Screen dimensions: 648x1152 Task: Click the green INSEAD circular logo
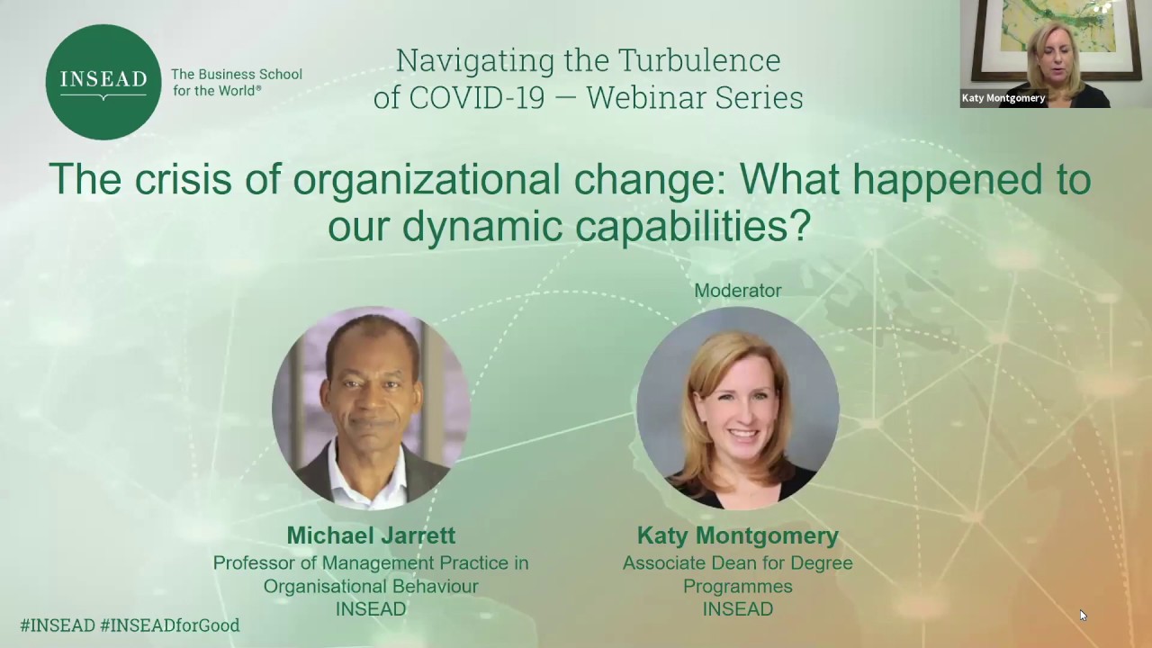click(103, 82)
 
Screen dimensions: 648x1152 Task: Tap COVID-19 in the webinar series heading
click(477, 97)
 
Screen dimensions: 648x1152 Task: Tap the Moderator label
click(737, 291)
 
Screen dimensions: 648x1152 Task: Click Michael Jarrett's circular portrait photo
click(371, 407)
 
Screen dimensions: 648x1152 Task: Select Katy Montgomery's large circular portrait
click(737, 407)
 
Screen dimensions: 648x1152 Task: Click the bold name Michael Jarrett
click(371, 535)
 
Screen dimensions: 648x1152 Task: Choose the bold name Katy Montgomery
click(737, 535)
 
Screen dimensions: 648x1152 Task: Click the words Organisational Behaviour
click(371, 586)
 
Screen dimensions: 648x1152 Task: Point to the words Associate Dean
click(686, 562)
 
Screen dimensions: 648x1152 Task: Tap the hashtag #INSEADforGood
click(170, 625)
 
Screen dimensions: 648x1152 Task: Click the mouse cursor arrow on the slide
click(1083, 615)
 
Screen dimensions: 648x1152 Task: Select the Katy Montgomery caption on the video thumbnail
click(1003, 98)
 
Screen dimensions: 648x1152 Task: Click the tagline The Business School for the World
click(236, 82)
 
